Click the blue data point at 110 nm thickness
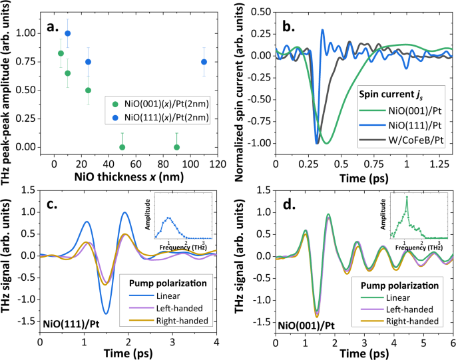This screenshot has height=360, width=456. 204,62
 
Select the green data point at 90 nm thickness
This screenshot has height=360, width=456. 176,147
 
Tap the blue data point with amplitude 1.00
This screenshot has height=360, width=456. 67,33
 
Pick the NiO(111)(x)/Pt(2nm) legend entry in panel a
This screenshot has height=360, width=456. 156,118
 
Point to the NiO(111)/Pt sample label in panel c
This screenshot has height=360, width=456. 71,325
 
